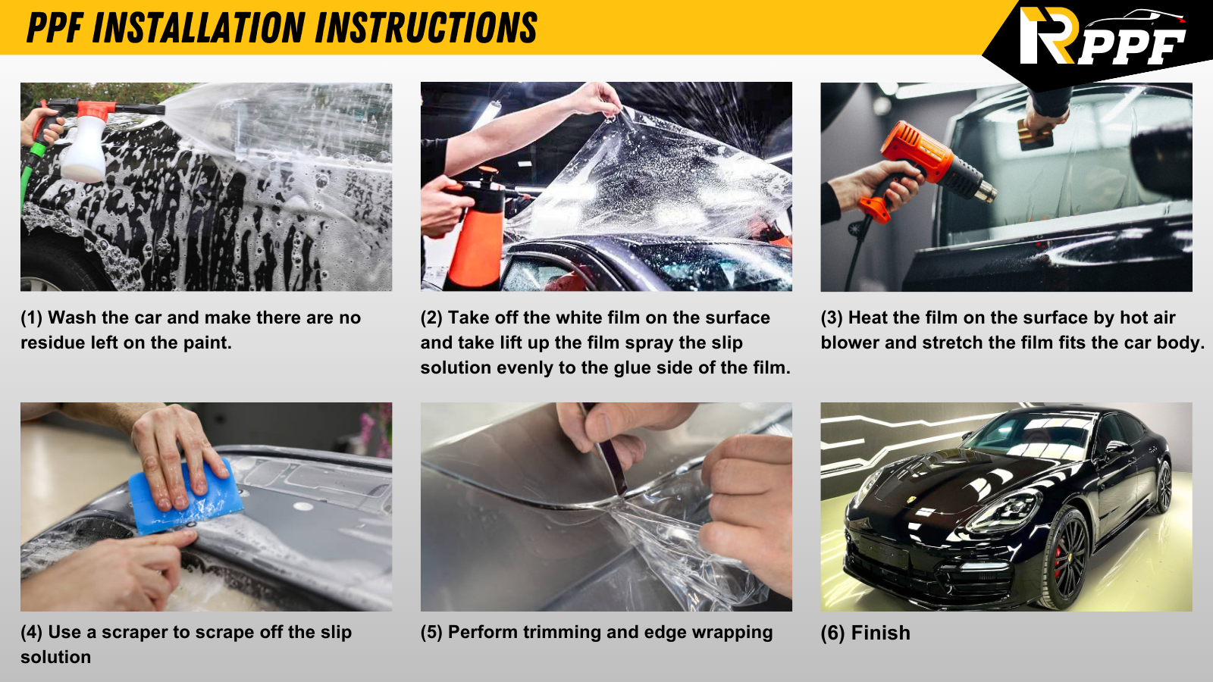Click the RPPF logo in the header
click(1102, 36)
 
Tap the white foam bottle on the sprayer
click(84, 149)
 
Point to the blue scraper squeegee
click(185, 498)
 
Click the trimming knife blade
click(612, 465)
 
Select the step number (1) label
click(31, 318)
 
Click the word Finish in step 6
click(880, 633)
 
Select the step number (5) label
click(431, 632)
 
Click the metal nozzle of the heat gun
click(986, 190)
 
